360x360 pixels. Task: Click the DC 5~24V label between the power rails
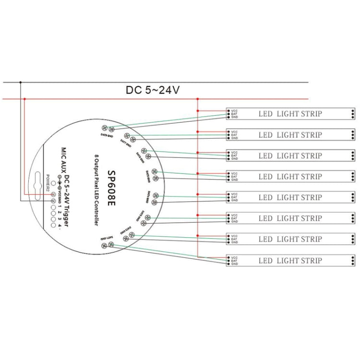(153, 90)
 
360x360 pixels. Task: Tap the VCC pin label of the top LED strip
(234, 110)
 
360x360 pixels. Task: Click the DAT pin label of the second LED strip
(234, 134)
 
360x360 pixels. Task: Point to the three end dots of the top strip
(352, 114)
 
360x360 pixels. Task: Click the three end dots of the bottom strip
(352, 261)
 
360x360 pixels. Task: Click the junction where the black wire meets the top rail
(20, 83)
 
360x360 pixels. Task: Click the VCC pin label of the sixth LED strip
(234, 215)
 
